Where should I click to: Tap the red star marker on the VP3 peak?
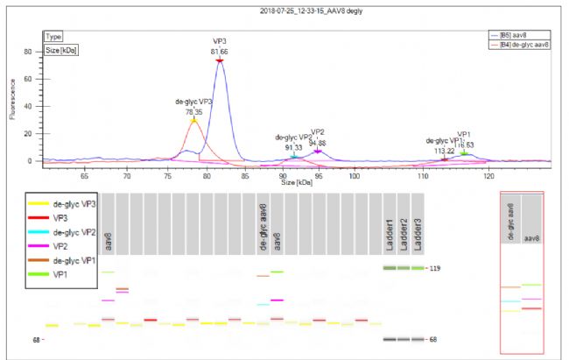click(220, 60)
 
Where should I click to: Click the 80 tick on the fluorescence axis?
click(28, 52)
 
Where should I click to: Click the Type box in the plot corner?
click(53, 38)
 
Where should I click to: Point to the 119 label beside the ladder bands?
click(433, 268)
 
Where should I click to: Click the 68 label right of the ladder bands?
click(433, 339)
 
